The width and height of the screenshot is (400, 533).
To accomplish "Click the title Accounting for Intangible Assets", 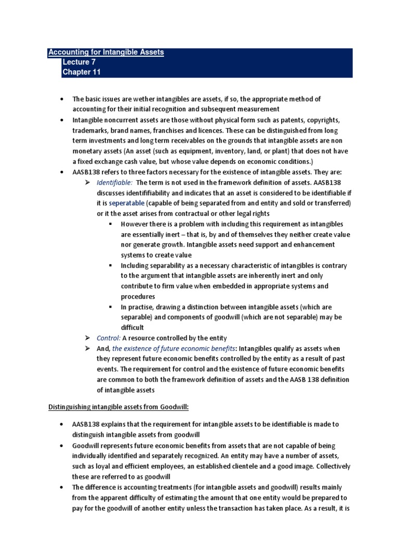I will pyautogui.click(x=106, y=52).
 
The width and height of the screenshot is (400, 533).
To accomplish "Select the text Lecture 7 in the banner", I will pyautogui.click(x=79, y=62).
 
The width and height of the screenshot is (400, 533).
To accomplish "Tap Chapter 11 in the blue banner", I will pyautogui.click(x=81, y=72).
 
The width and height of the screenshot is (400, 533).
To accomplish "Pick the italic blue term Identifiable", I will pyautogui.click(x=114, y=182).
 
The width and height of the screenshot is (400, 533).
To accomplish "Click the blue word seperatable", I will pyautogui.click(x=127, y=202).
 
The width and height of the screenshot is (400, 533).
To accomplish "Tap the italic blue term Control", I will pyautogui.click(x=108, y=338).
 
